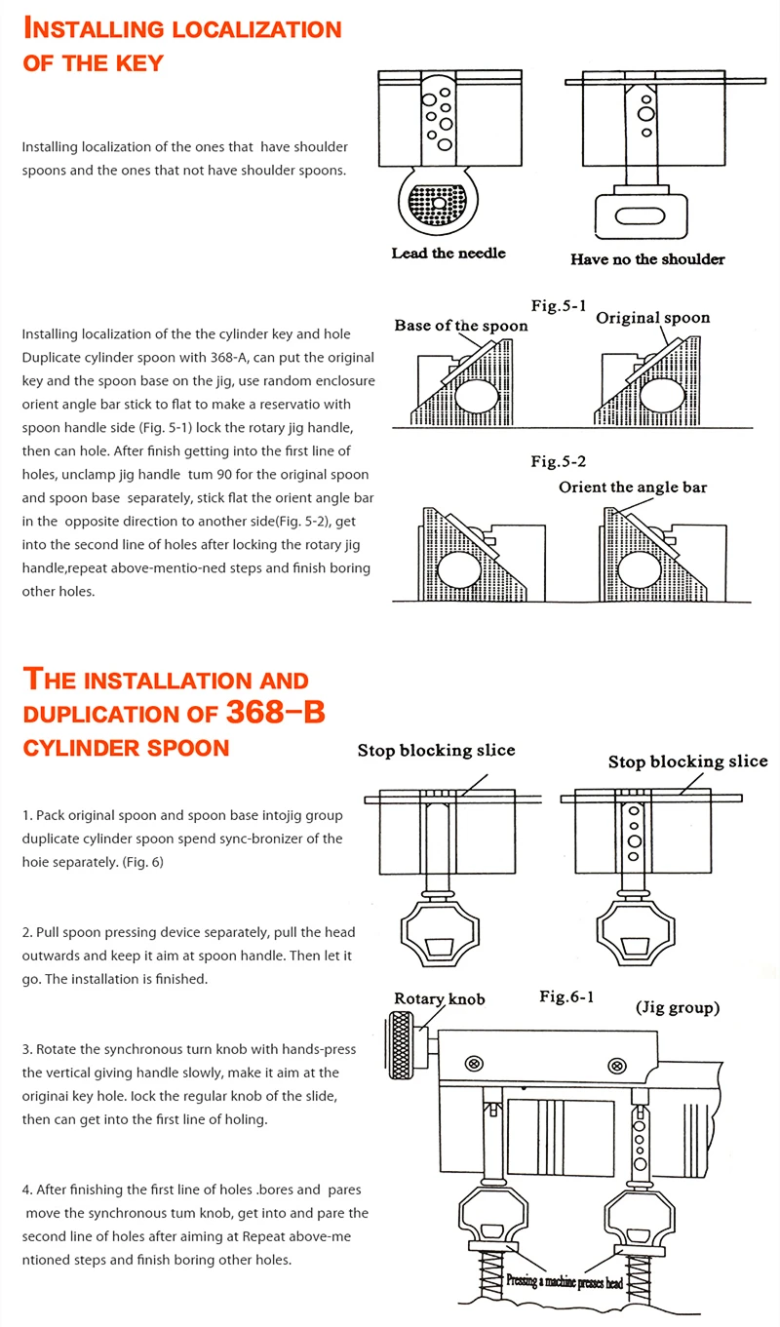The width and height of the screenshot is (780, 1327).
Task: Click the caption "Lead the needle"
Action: coord(448,254)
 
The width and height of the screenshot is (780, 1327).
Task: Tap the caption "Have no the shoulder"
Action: coord(647,259)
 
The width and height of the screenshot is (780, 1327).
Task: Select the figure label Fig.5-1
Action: coord(559,305)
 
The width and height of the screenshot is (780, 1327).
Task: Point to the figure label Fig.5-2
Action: coord(558,461)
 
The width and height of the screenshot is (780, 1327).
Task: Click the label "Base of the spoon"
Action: coord(461,326)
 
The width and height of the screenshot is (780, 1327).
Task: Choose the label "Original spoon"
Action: coord(652,318)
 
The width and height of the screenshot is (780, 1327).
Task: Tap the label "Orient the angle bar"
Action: coord(633,487)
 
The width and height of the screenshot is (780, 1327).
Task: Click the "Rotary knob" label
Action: coord(439,998)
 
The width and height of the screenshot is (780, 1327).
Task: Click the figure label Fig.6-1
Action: coord(566,996)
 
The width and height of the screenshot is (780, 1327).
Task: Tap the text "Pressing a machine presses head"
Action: coord(565,1283)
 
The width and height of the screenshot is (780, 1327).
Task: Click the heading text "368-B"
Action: coord(276,712)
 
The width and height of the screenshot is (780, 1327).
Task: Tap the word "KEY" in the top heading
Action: coord(130,63)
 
